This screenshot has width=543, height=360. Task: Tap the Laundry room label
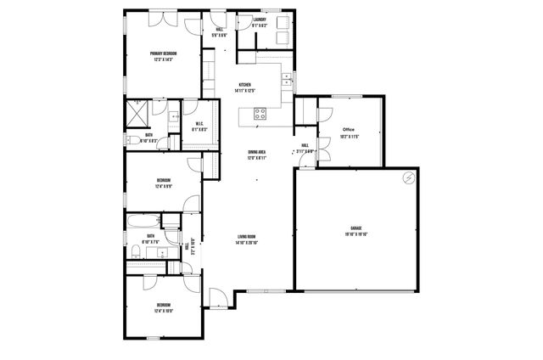(260, 19)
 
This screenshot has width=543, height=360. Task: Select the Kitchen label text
(244, 84)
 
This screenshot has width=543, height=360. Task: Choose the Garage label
(356, 228)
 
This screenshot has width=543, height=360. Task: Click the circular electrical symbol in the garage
(409, 178)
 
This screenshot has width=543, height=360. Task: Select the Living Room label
(247, 237)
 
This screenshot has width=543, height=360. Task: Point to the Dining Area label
(256, 152)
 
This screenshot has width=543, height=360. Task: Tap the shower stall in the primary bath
(136, 113)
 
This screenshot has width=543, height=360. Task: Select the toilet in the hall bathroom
(135, 250)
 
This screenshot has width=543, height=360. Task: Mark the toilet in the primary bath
(133, 140)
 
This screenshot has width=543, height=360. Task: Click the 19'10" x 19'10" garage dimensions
(356, 235)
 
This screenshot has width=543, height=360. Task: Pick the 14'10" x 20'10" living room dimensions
(247, 244)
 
